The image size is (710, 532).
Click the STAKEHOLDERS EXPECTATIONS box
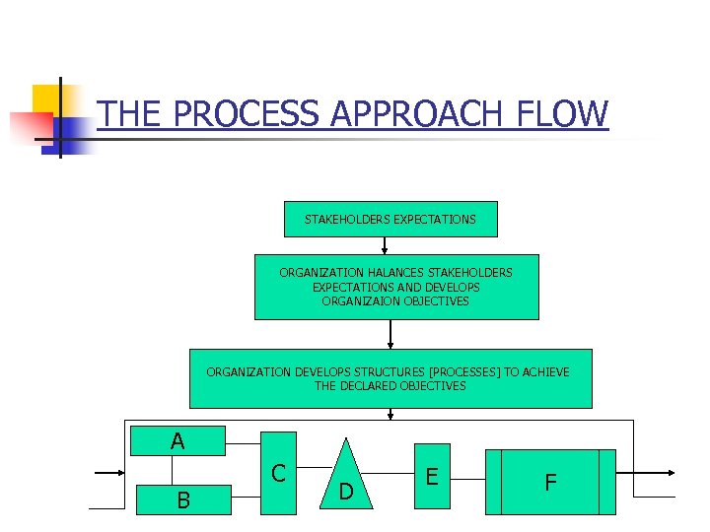coord(390,219)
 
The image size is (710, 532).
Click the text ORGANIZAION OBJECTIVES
coord(395,301)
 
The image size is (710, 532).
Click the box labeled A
coord(177,440)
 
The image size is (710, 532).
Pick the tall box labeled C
coord(278,473)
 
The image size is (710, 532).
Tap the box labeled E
coord(431,476)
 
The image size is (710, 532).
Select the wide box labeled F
coord(550,482)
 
